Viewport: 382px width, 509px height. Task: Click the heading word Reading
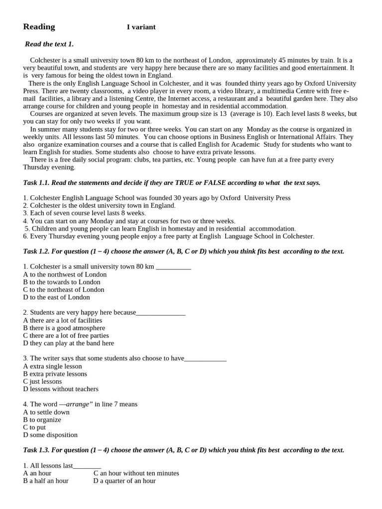39,27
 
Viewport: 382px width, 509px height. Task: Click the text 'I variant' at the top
141,27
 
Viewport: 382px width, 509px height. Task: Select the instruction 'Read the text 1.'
49,44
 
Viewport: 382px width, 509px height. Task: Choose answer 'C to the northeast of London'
64,289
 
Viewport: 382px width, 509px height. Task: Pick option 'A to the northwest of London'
65,274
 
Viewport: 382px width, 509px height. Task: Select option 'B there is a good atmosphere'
64,328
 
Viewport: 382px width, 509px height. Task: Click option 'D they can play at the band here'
69,343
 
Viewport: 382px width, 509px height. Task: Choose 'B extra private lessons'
55,374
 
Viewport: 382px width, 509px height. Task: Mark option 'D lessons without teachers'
61,389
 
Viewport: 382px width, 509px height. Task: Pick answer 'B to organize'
42,420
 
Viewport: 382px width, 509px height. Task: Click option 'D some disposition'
50,435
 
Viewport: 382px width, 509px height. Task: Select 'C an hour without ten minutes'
136,473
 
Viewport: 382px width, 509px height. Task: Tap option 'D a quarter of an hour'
124,481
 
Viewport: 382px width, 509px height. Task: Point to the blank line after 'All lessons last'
87,466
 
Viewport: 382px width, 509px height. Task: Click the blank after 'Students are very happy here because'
161,313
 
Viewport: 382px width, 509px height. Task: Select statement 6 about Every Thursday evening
169,236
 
